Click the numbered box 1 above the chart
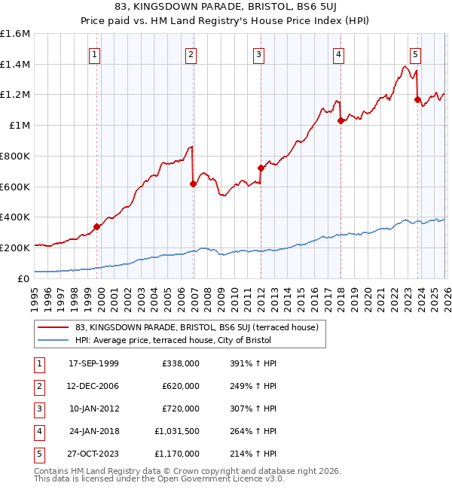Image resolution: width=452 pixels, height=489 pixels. [96, 54]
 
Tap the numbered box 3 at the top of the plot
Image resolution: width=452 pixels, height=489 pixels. [258, 54]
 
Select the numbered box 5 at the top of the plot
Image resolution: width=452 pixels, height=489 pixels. [416, 54]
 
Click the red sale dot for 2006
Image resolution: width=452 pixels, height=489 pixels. [193, 184]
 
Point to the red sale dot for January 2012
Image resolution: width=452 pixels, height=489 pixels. [261, 168]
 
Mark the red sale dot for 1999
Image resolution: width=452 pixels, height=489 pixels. [96, 226]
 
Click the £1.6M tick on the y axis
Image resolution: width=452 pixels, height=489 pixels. [15, 34]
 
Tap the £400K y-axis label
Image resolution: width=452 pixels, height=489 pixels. [15, 217]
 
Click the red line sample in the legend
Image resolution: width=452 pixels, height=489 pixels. [53, 327]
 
